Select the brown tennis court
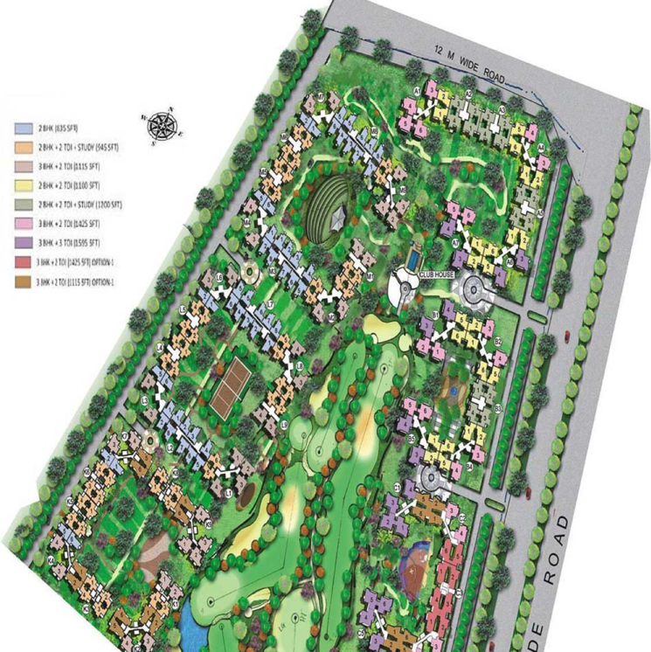(232, 384)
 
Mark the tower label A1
(418, 91)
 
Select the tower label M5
(403, 190)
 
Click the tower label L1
(229, 494)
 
